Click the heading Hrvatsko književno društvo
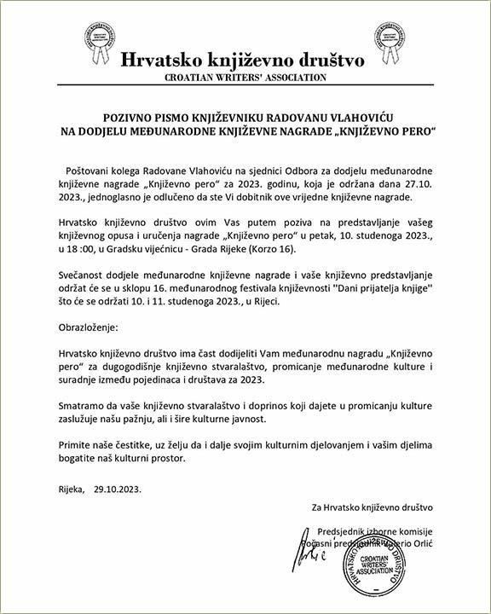[243, 60]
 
